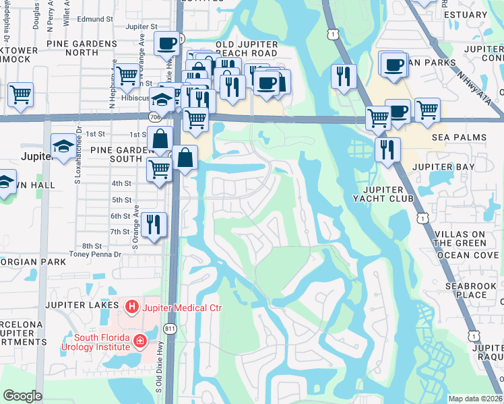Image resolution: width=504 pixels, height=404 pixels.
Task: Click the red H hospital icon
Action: tap(131, 308)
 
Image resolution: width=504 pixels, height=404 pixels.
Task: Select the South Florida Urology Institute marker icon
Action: tap(139, 341)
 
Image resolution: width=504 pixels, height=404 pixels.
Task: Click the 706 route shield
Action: tap(156, 117)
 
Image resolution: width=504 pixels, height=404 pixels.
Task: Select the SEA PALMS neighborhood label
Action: tap(459, 137)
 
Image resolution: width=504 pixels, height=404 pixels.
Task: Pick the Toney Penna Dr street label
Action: tap(95, 255)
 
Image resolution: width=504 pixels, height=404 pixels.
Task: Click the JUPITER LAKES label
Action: tap(78, 304)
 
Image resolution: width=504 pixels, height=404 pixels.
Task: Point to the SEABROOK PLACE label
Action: tap(470, 290)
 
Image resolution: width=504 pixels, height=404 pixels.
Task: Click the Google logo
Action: tap(22, 396)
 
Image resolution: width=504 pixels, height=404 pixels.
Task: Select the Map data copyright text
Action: tap(475, 399)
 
